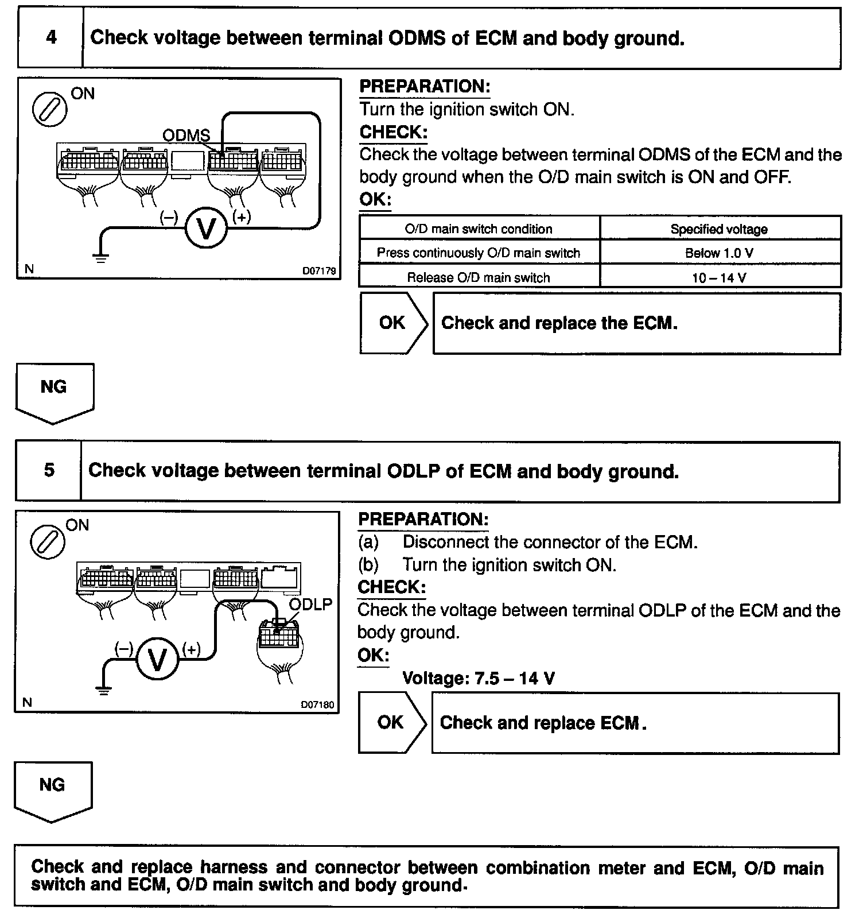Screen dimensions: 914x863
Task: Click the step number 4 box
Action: pos(50,38)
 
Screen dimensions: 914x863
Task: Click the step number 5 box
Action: pos(49,470)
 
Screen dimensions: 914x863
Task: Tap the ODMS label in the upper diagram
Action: pos(186,135)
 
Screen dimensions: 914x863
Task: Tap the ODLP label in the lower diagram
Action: pos(310,604)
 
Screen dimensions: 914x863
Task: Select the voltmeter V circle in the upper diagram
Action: pos(206,228)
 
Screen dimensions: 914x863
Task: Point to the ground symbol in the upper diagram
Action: pos(101,257)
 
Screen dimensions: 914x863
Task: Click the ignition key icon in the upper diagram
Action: pos(49,109)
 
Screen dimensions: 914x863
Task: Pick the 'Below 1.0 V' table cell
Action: pos(719,253)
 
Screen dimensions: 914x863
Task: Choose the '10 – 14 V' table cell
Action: pos(719,278)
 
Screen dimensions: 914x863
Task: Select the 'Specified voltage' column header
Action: pos(719,229)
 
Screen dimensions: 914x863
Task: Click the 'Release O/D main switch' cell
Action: pos(479,278)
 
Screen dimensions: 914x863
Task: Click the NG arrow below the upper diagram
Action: pos(53,392)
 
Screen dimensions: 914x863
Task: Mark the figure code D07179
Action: pos(319,270)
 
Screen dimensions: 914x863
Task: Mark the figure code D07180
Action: pos(317,704)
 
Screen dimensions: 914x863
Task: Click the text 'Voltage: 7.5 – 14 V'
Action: pos(479,678)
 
